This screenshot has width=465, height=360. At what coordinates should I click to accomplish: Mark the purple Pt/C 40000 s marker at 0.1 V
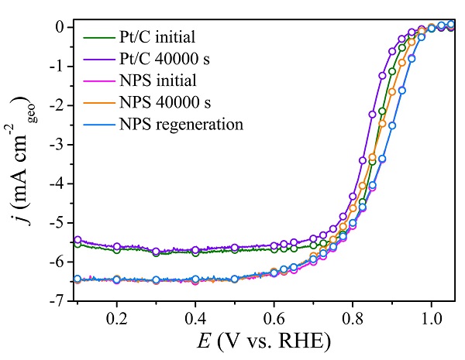(x=77, y=240)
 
